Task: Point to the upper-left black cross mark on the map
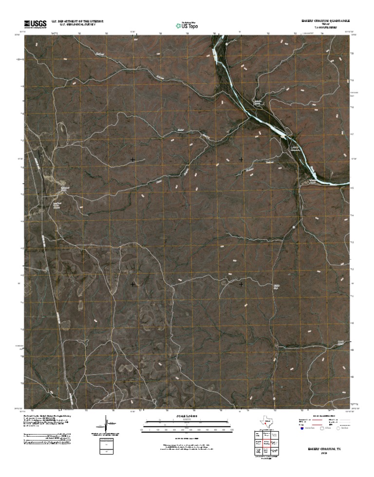[x=133, y=159]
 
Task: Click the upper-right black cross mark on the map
[x=241, y=159]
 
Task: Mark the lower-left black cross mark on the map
[x=133, y=284]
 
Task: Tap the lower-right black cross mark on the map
[x=241, y=284]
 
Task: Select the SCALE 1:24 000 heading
[x=187, y=416]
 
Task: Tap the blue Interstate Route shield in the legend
[x=301, y=430]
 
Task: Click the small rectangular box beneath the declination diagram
[x=103, y=446]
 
